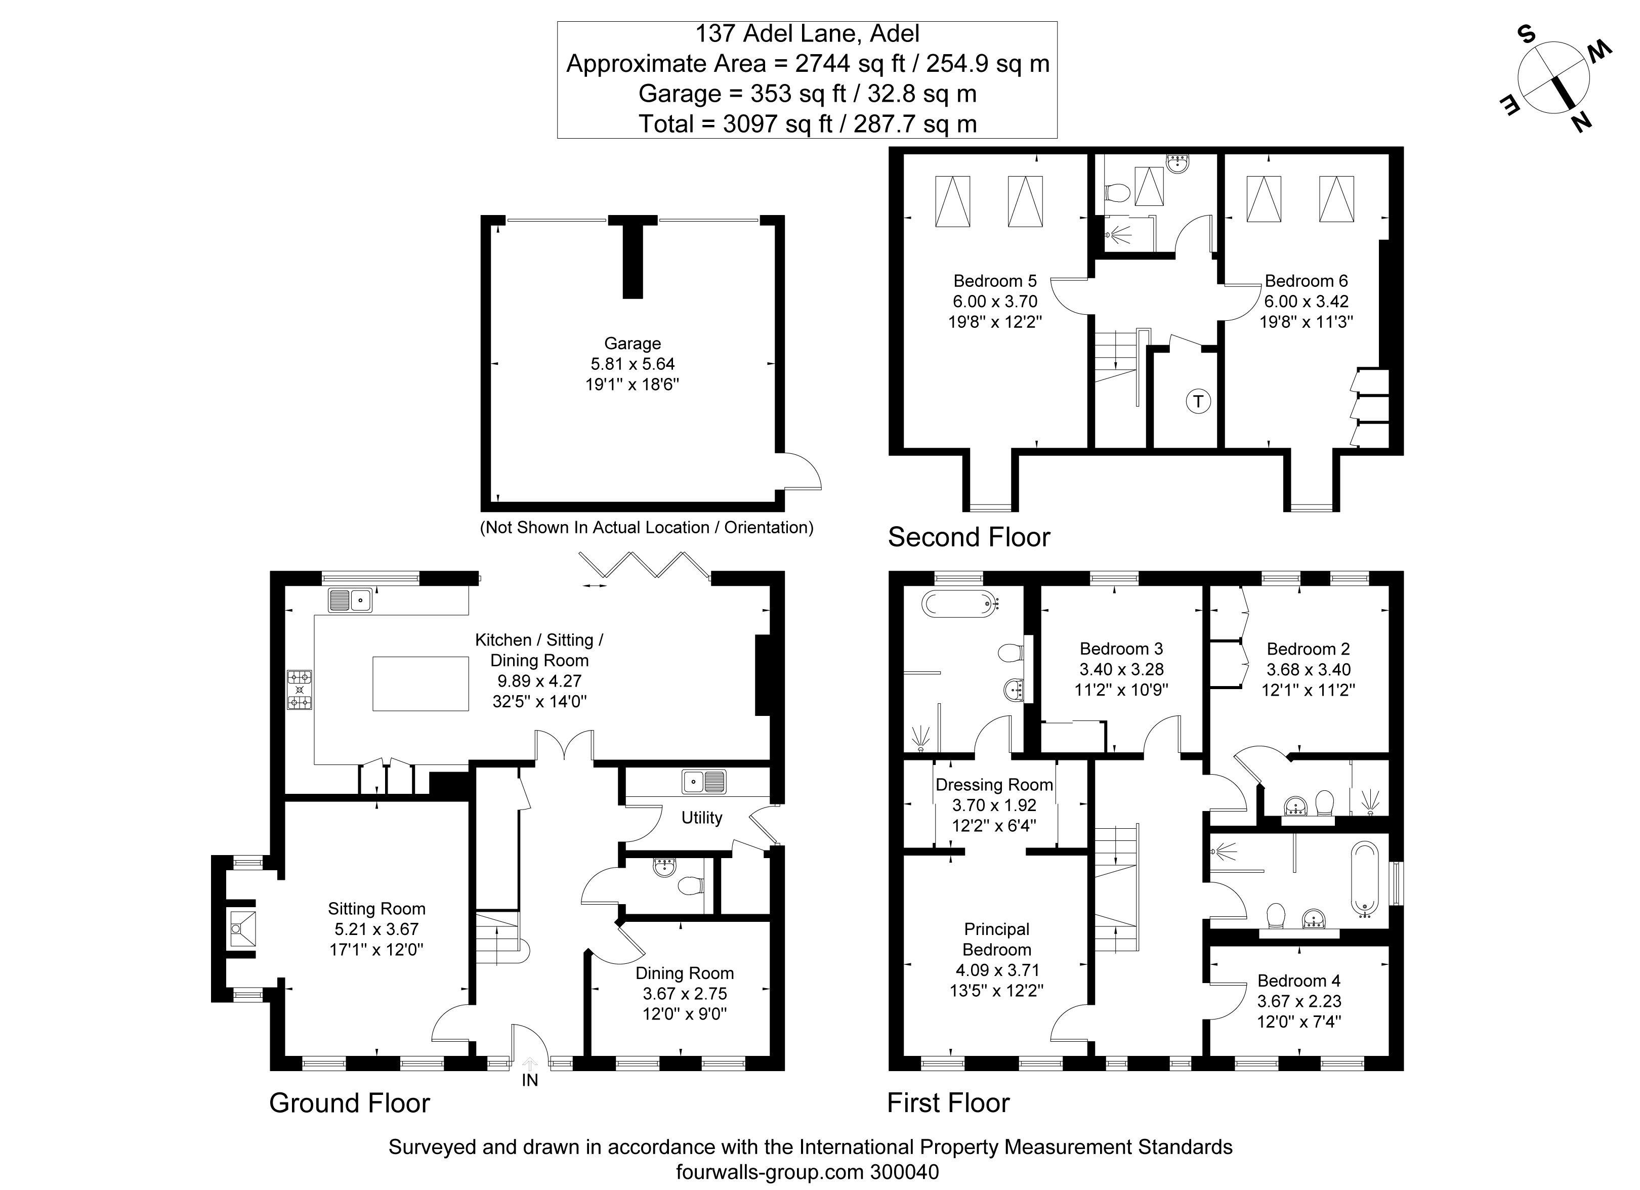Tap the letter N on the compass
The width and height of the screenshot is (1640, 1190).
point(1581,123)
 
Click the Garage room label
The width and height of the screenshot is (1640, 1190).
point(633,344)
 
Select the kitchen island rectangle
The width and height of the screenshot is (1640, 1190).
point(420,683)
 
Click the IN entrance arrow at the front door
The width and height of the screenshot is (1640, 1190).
point(530,1064)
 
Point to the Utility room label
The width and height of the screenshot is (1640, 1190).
point(701,818)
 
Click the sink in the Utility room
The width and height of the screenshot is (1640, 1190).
point(703,782)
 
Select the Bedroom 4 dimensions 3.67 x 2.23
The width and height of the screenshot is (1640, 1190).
point(1299,1001)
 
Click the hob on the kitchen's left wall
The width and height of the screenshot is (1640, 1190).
point(300,690)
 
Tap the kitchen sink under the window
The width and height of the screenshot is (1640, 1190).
point(350,600)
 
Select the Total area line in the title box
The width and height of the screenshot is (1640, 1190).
point(807,123)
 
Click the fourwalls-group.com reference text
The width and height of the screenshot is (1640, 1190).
point(807,1172)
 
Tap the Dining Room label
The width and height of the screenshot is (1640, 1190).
point(684,973)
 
